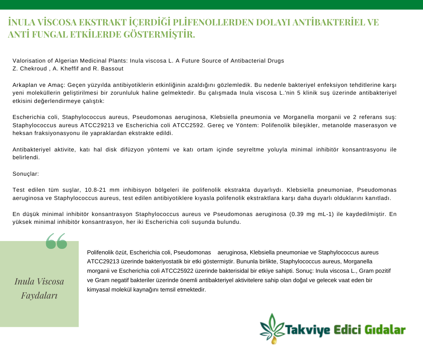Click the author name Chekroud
32,68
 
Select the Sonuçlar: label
25,174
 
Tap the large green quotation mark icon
56,241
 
